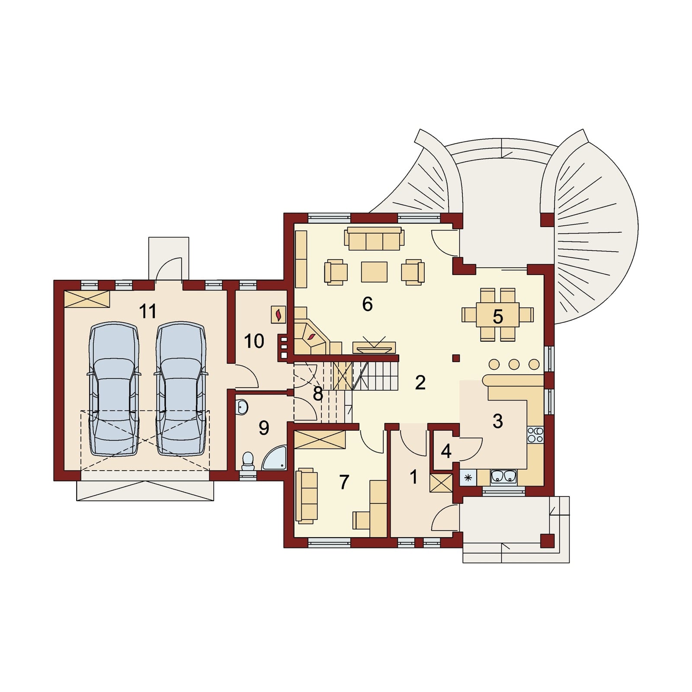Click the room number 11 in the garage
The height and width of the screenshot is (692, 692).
(x=148, y=311)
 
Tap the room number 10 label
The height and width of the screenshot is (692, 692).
(x=254, y=341)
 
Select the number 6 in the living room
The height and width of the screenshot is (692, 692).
(x=367, y=304)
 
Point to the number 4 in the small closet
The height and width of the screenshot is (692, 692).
(x=446, y=452)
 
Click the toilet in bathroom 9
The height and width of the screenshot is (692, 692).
(x=248, y=461)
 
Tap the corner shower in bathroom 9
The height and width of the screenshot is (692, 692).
(x=275, y=458)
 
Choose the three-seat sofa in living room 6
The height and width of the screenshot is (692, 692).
(x=374, y=240)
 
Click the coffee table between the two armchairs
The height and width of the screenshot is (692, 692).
(x=375, y=272)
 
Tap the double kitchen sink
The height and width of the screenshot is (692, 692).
(x=503, y=476)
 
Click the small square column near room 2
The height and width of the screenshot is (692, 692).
(x=455, y=358)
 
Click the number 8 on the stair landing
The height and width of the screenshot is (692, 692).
(x=318, y=394)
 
